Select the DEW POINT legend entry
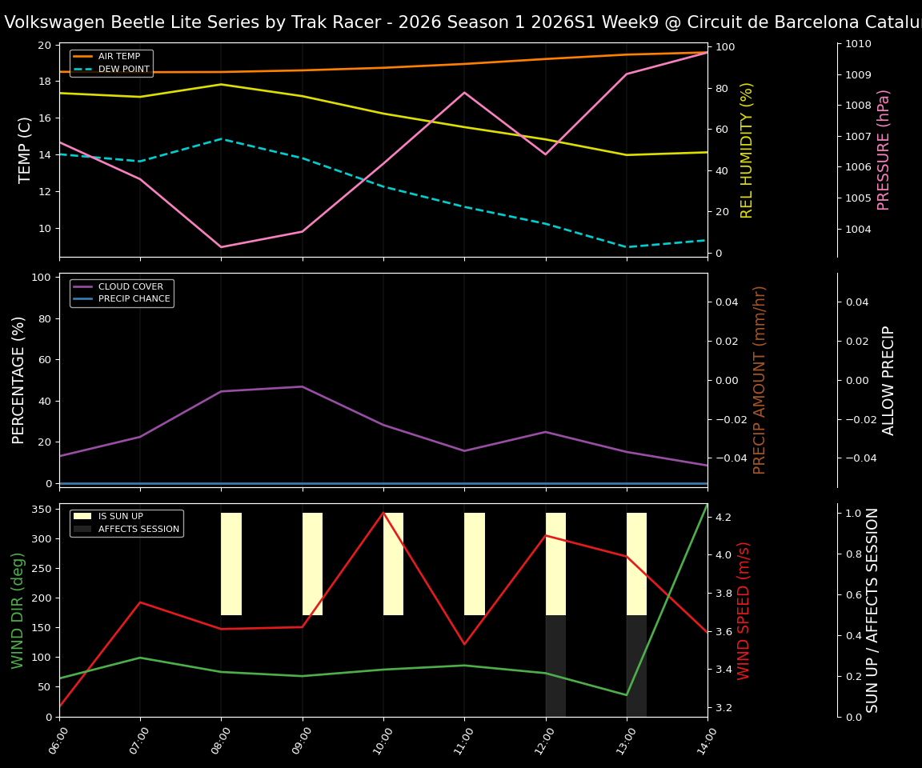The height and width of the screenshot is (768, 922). tap(121, 70)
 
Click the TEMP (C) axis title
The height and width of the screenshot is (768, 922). tap(26, 150)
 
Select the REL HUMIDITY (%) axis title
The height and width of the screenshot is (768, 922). tap(748, 150)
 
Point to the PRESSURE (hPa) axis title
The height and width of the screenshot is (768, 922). tap(884, 150)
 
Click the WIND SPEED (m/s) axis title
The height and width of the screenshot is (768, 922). tap(744, 610)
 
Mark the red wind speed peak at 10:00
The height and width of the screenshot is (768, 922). tap(383, 513)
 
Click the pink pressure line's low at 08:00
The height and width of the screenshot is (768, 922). tap(222, 246)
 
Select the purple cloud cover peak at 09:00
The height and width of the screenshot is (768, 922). tap(303, 386)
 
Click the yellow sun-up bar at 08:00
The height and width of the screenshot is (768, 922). tap(231, 564)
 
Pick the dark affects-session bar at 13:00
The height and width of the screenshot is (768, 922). tap(636, 666)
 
